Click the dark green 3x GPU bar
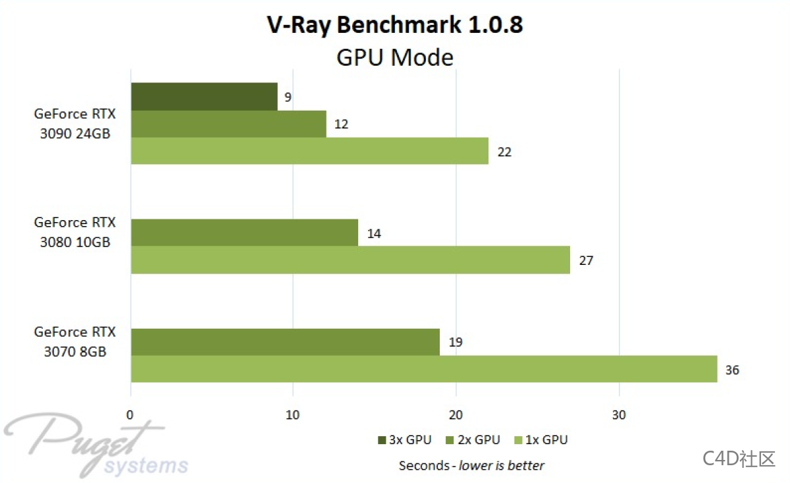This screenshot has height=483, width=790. pyautogui.click(x=204, y=96)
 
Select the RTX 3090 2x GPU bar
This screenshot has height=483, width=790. pyautogui.click(x=228, y=124)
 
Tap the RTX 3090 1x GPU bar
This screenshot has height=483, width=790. pyautogui.click(x=309, y=151)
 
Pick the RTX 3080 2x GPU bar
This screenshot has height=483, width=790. pyautogui.click(x=244, y=233)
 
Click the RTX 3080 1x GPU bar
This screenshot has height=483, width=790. pyautogui.click(x=350, y=260)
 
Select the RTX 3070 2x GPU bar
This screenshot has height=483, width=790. pyautogui.click(x=285, y=342)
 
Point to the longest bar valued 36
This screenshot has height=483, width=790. pyautogui.click(x=424, y=369)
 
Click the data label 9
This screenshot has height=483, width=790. pyautogui.click(x=288, y=98)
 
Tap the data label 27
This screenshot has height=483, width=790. pyautogui.click(x=586, y=260)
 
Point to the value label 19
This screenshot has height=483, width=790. pyautogui.click(x=456, y=343)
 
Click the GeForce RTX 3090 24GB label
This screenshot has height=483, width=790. pyautogui.click(x=74, y=123)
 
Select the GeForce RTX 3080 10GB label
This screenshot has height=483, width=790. pyautogui.click(x=74, y=233)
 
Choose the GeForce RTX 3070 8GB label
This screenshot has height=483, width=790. pyautogui.click(x=74, y=341)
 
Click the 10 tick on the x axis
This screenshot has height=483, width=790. pyautogui.click(x=293, y=415)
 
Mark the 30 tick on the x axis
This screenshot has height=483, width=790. pyautogui.click(x=618, y=415)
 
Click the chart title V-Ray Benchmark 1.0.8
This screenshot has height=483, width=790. pyautogui.click(x=395, y=24)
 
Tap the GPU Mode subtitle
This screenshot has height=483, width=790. pyautogui.click(x=395, y=57)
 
